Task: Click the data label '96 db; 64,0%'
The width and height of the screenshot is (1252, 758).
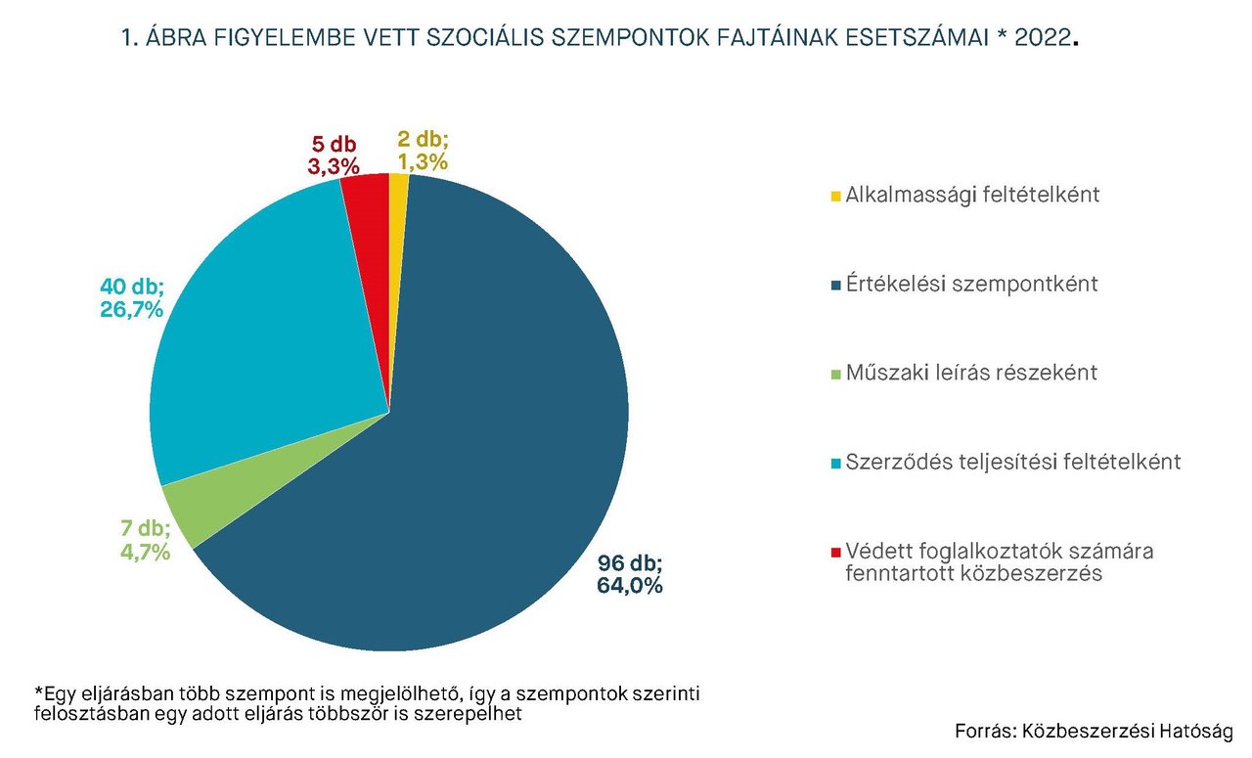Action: (x=630, y=575)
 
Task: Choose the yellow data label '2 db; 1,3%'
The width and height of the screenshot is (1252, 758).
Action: (x=423, y=151)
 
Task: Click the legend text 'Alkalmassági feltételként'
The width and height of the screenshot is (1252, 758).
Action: (x=972, y=195)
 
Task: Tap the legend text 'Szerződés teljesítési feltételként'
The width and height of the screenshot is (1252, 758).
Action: (x=1013, y=462)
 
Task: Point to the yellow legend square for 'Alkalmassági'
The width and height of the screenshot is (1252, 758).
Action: (x=834, y=197)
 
